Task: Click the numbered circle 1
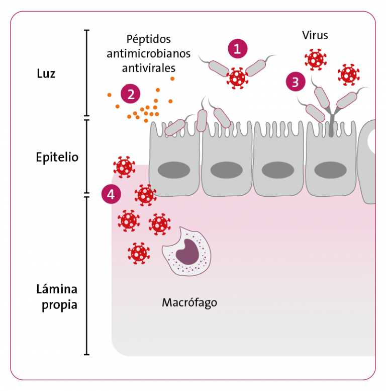pos(238,49)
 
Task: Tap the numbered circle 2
pos(131,93)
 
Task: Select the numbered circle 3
pos(295,81)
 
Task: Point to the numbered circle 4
pos(111,194)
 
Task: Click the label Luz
pos(46,74)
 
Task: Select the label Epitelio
pos(57,157)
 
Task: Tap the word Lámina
pos(57,289)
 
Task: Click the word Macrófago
pos(189,303)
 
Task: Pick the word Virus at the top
pos(315,35)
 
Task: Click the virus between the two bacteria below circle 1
pos(237,78)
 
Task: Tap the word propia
pos(57,305)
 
